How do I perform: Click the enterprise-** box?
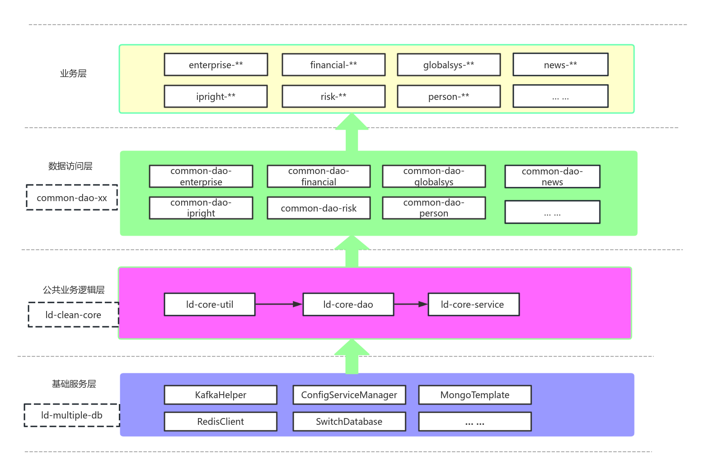(216, 65)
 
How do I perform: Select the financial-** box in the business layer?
(333, 65)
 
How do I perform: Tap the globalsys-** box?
(449, 65)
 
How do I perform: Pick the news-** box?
(560, 65)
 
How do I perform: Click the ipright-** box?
(216, 96)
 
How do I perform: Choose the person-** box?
(449, 96)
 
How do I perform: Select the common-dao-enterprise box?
(201, 176)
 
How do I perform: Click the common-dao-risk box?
(319, 208)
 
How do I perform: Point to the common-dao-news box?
(552, 177)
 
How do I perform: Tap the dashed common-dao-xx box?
(72, 198)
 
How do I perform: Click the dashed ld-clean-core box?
(74, 315)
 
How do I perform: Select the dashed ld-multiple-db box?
(72, 415)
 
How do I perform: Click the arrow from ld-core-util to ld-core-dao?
(279, 304)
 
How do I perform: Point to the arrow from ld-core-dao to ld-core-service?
(411, 304)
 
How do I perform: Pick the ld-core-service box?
(474, 304)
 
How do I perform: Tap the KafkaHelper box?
(221, 395)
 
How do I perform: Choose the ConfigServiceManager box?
(349, 395)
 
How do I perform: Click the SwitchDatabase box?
(349, 422)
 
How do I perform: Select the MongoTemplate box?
(475, 395)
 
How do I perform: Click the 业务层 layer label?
(73, 73)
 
